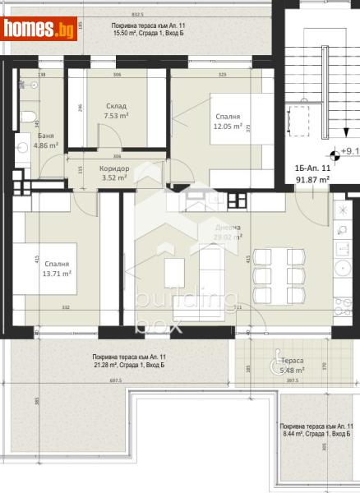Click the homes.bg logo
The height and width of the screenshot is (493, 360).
point(40,30)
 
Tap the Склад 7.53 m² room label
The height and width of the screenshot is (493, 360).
point(116,112)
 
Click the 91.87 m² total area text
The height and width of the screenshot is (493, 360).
point(313,179)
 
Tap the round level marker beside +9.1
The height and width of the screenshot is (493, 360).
point(332,153)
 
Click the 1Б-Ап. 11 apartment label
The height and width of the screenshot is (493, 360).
point(313,169)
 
